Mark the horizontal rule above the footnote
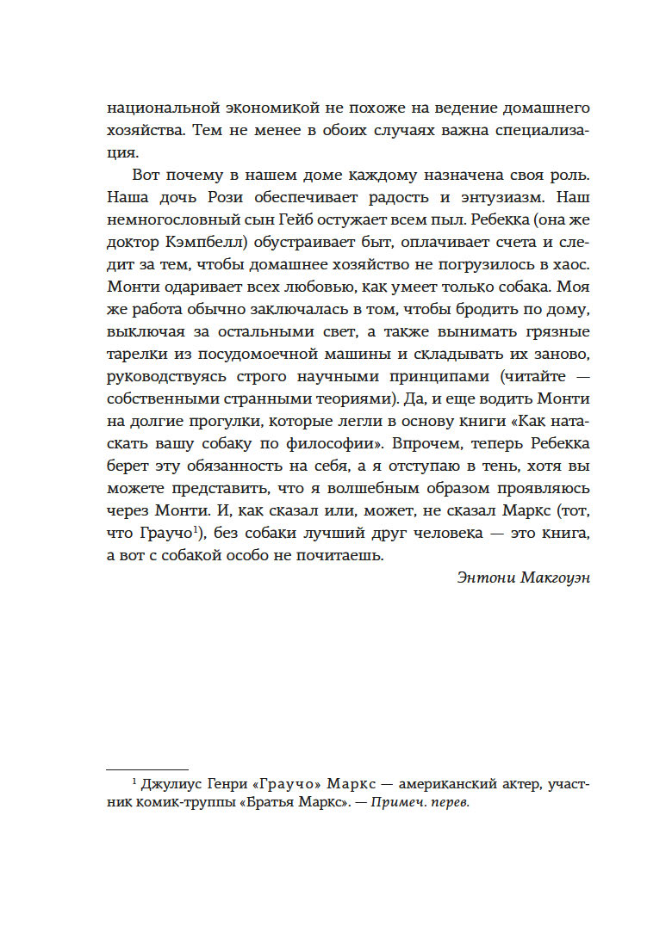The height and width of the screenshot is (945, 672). click(146, 769)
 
